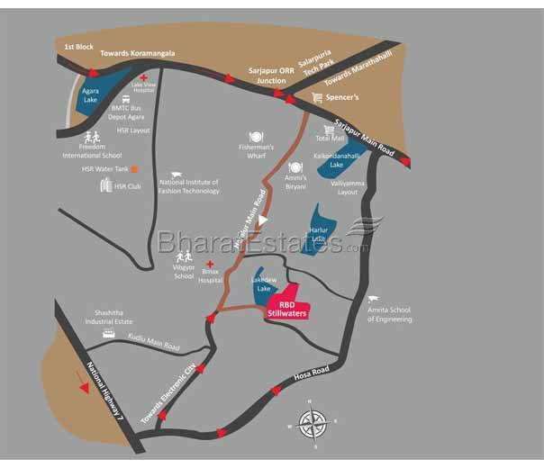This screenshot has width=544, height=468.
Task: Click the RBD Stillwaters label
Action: pyautogui.click(x=288, y=310)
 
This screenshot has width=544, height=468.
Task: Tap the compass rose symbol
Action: pyautogui.click(x=313, y=422)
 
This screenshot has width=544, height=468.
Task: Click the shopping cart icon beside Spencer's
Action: pyautogui.click(x=317, y=97)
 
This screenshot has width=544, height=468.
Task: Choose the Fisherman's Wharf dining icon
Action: pyautogui.click(x=256, y=136)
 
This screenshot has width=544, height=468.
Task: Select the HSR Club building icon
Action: pyautogui.click(x=104, y=185)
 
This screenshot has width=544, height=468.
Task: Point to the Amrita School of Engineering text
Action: pyautogui.click(x=389, y=314)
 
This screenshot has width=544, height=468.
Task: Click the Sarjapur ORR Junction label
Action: pyautogui.click(x=269, y=75)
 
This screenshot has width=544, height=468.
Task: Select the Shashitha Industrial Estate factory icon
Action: pyautogui.click(x=109, y=334)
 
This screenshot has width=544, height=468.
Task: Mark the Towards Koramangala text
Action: pyautogui.click(x=137, y=53)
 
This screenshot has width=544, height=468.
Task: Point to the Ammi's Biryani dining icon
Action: pyautogui.click(x=295, y=166)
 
